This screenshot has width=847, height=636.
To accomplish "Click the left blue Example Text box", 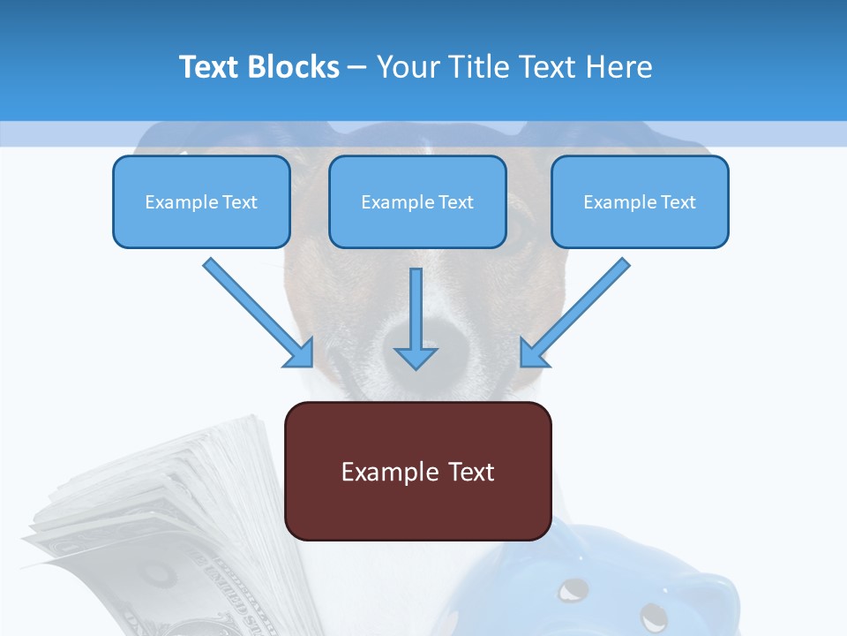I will pos(201,201).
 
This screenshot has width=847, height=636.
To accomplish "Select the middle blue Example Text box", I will pos(417,201).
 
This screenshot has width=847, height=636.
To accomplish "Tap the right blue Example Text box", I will pos(640,201).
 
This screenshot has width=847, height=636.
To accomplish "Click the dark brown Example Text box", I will pos(417,471).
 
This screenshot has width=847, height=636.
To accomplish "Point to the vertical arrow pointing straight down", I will pos(416,318).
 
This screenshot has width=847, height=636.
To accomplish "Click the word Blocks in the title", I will pos(295,67).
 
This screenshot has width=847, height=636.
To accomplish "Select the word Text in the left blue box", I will pos(240,201).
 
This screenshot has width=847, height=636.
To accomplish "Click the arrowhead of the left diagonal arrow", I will pos(300,353).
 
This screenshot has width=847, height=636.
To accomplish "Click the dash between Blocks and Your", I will pos(357,67).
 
